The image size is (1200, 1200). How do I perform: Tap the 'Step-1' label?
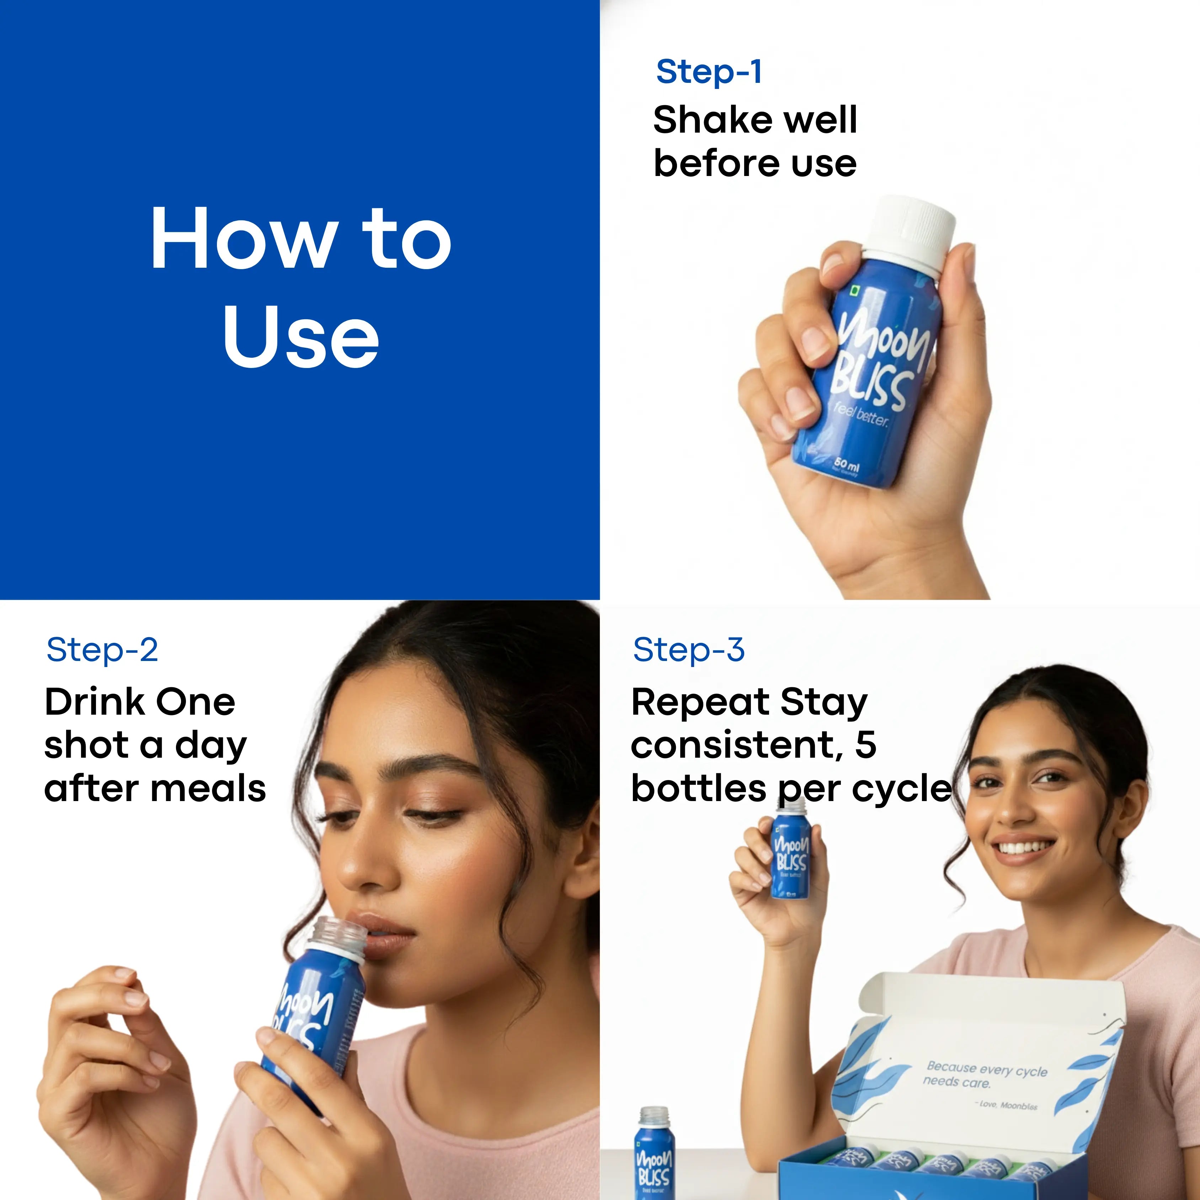point(709,72)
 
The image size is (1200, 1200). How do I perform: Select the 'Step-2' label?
point(102,650)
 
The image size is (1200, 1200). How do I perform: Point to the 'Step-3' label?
point(688,650)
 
